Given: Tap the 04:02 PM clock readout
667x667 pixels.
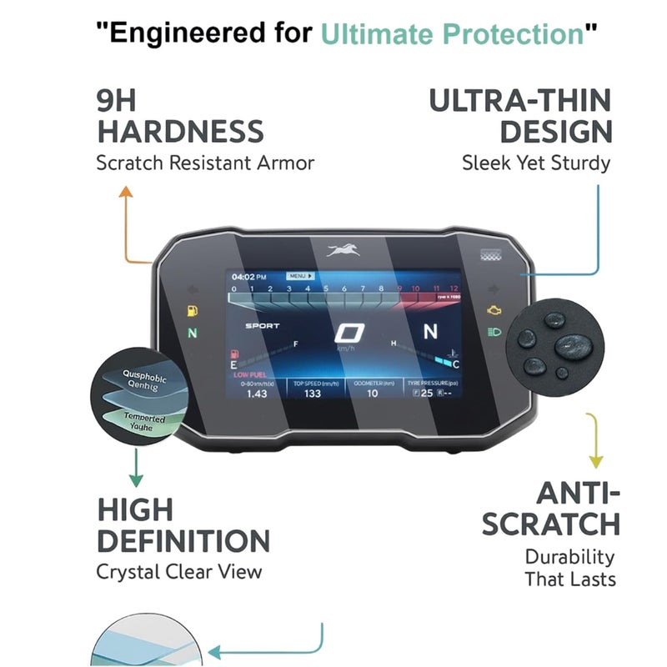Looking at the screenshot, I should pos(248,276).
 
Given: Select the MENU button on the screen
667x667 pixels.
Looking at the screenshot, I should pos(298,275).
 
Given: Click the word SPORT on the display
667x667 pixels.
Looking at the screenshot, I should pos(263,326).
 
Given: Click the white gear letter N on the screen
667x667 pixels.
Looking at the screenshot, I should pos(430,332).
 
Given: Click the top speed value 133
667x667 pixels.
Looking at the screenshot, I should pos(313,394).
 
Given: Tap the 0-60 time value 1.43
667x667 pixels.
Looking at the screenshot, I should pos(257,394).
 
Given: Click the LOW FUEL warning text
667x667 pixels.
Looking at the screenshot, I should pos(248,375).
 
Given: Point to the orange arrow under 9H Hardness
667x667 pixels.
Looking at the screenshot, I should pos(127,225).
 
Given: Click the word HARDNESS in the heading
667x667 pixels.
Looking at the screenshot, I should pos(180,131).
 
